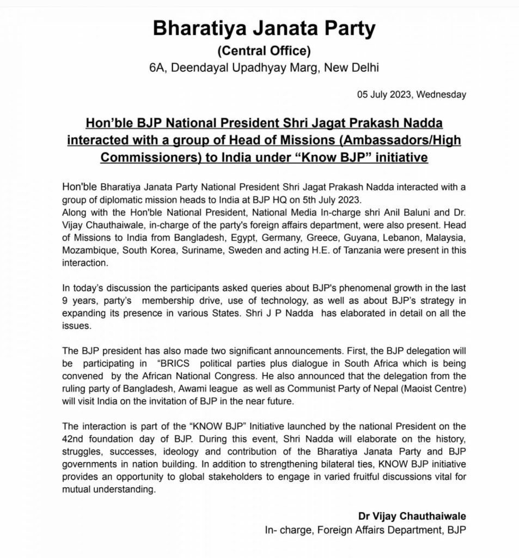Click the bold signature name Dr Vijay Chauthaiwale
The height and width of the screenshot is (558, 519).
click(412, 515)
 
